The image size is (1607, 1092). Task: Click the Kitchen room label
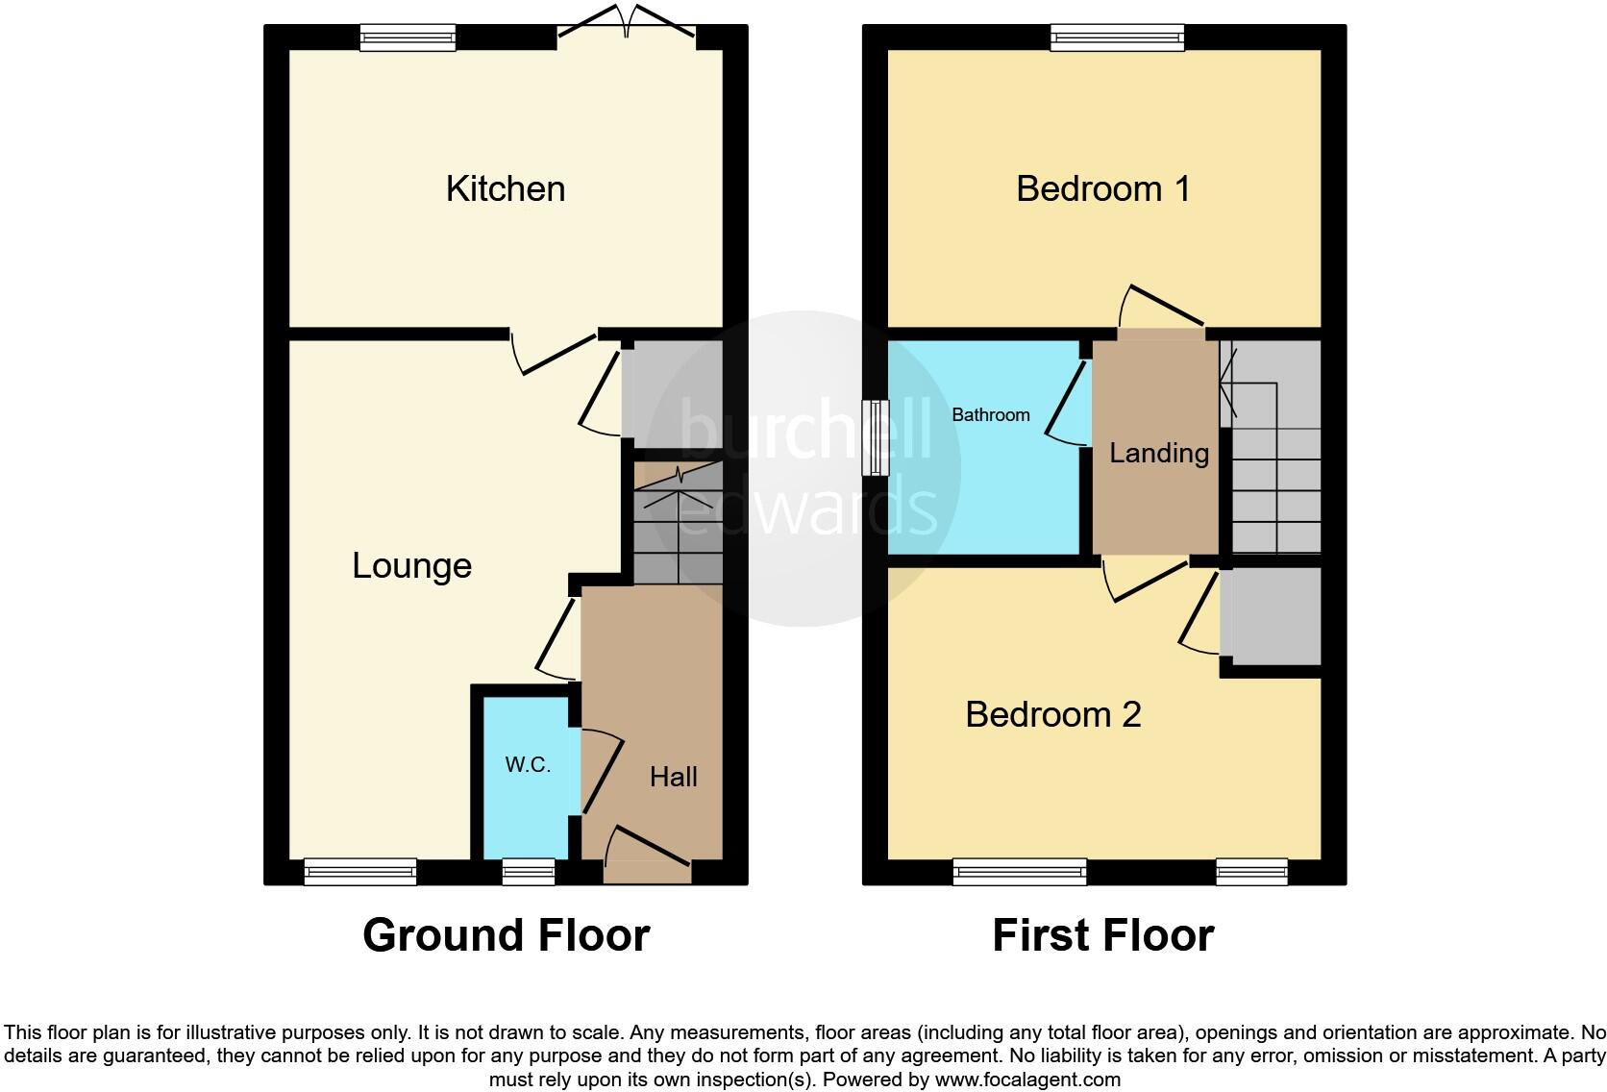[505, 188]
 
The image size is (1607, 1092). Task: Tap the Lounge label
[411, 565]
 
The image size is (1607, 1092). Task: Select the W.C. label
[528, 765]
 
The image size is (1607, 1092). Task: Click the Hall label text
[673, 777]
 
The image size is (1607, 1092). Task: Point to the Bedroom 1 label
[1102, 188]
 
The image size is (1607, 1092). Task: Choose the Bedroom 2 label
[1052, 714]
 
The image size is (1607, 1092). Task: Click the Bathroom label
[990, 414]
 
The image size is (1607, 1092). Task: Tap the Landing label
[1158, 453]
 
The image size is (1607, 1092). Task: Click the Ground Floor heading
[506, 935]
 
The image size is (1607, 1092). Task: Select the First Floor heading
[1102, 935]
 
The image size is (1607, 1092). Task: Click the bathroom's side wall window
[874, 437]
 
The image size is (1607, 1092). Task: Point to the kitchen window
[408, 37]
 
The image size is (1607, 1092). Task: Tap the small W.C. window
[529, 872]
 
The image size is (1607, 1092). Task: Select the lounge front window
[360, 872]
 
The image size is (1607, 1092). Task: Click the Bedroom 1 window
[1117, 37]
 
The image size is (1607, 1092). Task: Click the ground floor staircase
[678, 524]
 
